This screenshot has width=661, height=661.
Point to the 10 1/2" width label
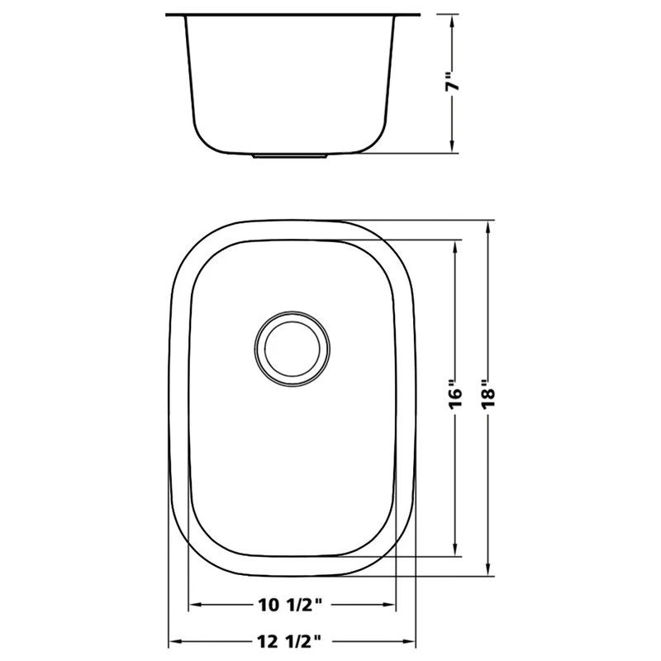tap(290, 605)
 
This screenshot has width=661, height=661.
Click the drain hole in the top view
tap(292, 349)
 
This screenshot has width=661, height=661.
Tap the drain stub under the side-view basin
tap(290, 156)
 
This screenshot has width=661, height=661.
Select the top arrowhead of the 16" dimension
tap(455, 247)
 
